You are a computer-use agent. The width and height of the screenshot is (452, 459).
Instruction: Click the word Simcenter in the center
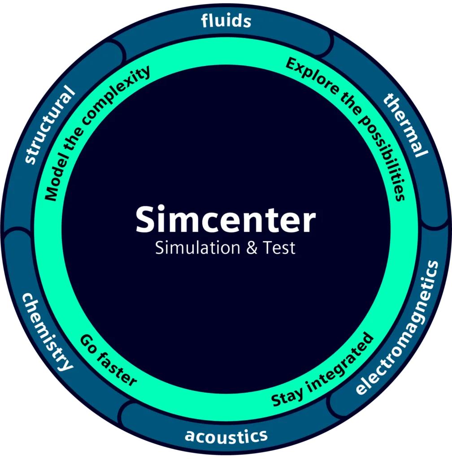[x=226, y=220]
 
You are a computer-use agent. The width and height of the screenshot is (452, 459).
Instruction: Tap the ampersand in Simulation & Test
[x=252, y=248]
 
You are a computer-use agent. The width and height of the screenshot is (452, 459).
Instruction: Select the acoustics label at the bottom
[x=226, y=435]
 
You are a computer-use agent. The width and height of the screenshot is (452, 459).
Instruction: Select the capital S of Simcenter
[x=146, y=220]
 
